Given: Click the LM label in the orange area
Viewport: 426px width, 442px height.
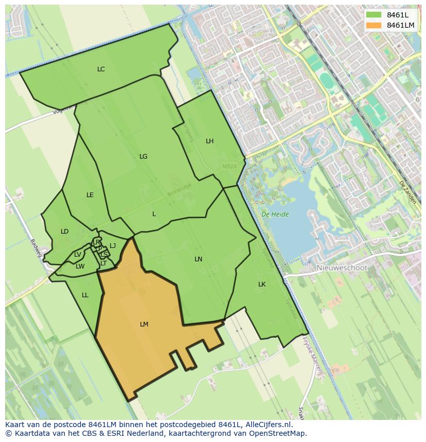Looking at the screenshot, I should [x=144, y=324].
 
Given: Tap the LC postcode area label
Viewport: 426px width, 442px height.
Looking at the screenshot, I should [x=101, y=69].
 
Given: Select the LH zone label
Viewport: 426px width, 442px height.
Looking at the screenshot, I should [x=209, y=141].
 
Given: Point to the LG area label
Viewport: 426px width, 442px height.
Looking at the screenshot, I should [x=143, y=156].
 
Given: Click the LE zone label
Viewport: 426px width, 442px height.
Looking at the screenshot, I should [x=90, y=195].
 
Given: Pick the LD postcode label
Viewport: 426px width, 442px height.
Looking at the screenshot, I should [x=64, y=231].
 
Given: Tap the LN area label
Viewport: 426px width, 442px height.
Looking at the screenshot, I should [x=198, y=259].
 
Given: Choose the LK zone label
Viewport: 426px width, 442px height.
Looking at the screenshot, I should [x=262, y=284].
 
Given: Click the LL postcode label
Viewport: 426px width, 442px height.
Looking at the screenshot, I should [x=85, y=295].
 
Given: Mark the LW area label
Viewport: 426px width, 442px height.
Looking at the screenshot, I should [x=80, y=266].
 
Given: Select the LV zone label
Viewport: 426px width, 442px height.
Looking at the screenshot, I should [x=77, y=254].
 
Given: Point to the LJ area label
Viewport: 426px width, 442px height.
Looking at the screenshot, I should [x=113, y=245].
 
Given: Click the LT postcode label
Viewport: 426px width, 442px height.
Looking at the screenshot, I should [x=103, y=263].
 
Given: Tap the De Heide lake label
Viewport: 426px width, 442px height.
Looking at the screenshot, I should [x=275, y=214].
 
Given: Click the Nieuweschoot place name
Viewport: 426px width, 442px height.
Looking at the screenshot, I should [x=342, y=268].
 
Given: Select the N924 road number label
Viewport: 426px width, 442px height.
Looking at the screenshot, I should [x=229, y=166].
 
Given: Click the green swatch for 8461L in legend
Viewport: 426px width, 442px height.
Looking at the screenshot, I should [x=374, y=15].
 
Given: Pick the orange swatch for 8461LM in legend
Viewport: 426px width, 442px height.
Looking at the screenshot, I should [x=374, y=25].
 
